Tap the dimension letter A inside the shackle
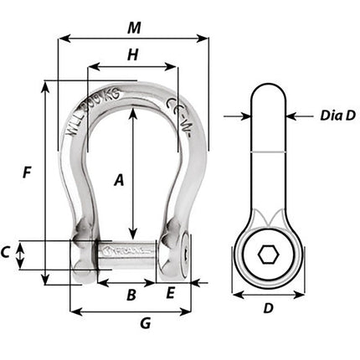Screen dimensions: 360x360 (x=119, y=179)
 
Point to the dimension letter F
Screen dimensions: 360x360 (x=28, y=173)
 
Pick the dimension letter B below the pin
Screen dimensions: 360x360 (x=130, y=295)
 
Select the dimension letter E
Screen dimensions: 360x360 (x=171, y=294)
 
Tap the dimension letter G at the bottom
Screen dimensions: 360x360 (x=144, y=323)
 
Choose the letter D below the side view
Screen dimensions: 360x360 (x=267, y=308)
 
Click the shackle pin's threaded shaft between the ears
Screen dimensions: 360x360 (x=127, y=250)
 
